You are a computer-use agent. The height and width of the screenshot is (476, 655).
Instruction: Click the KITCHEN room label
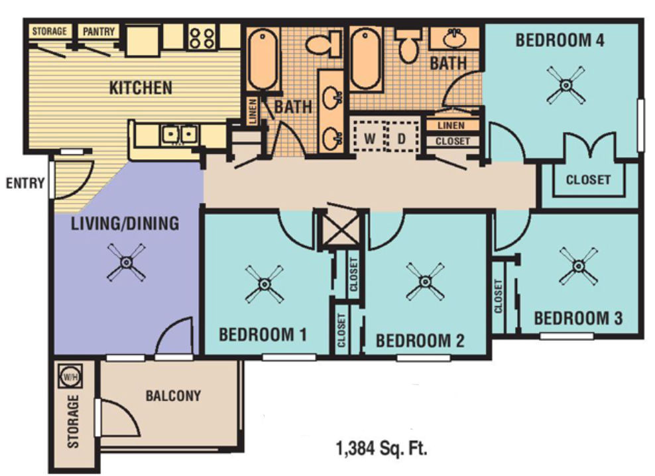pyautogui.click(x=141, y=87)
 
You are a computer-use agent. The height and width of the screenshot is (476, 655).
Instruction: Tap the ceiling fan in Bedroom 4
pyautogui.click(x=566, y=85)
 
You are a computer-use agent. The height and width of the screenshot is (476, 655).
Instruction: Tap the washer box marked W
pyautogui.click(x=370, y=139)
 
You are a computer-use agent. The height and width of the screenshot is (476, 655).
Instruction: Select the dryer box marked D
pyautogui.click(x=402, y=139)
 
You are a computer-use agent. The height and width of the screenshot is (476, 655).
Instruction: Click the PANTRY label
pyautogui.click(x=98, y=31)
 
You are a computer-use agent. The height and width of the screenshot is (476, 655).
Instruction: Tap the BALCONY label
pyautogui.click(x=172, y=396)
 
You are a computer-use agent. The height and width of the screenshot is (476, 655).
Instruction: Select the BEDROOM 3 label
pyautogui.click(x=578, y=318)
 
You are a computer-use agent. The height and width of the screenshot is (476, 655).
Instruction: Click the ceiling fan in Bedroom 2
pyautogui.click(x=425, y=281)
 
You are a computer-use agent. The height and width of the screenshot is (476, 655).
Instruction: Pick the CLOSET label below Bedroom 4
pyautogui.click(x=587, y=179)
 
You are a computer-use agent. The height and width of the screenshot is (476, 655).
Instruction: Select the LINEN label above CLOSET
pyautogui.click(x=451, y=125)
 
